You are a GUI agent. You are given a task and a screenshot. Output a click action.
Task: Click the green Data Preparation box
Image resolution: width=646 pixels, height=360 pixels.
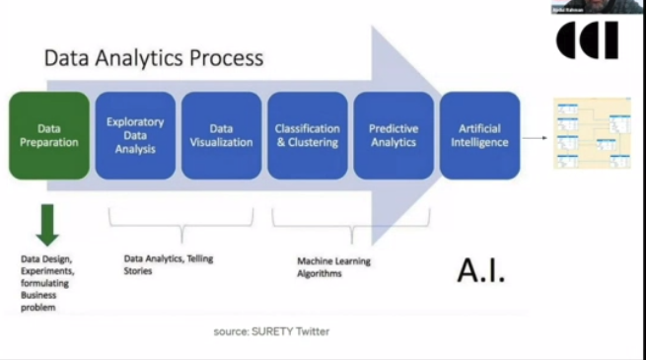(x=48, y=135)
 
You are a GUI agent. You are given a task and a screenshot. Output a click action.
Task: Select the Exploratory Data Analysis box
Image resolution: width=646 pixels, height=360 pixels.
(x=135, y=135)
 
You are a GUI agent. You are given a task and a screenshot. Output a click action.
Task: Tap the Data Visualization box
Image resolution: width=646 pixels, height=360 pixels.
(x=221, y=135)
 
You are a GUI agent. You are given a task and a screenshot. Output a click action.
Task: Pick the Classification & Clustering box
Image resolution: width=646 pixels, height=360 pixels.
(x=308, y=135)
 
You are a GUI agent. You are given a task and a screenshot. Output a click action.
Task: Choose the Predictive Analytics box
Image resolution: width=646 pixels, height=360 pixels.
(x=394, y=135)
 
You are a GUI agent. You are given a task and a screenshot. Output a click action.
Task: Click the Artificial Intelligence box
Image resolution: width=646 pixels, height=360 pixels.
(x=479, y=135)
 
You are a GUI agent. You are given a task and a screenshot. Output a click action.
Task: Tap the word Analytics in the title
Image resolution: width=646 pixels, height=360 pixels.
(x=136, y=58)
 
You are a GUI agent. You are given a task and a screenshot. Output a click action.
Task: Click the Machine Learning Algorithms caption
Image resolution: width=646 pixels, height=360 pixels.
(x=333, y=267)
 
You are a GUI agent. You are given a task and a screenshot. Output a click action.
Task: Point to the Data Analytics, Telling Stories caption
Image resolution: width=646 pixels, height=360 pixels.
(x=168, y=264)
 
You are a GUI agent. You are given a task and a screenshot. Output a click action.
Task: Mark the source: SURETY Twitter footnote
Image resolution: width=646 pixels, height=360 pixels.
(x=272, y=331)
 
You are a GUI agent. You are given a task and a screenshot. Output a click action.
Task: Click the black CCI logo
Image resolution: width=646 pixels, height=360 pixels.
(x=588, y=40)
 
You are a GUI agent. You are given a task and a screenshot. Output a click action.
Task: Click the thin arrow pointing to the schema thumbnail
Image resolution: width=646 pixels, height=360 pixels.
(x=536, y=137)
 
